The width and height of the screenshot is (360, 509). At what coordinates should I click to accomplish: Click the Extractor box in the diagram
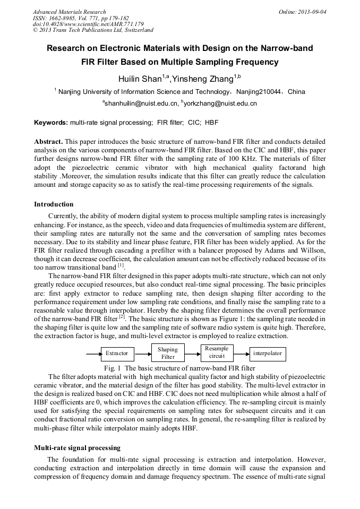click(x=117, y=353)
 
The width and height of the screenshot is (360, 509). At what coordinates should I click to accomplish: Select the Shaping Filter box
click(x=168, y=353)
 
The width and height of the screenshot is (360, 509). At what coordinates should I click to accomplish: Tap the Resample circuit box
click(x=217, y=352)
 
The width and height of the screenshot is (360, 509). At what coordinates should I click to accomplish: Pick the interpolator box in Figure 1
click(x=268, y=353)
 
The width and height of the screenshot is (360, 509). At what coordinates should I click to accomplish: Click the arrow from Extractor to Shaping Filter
click(x=143, y=353)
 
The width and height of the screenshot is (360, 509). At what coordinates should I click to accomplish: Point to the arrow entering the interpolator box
click(x=241, y=353)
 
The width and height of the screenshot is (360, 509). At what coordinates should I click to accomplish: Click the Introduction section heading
click(x=54, y=204)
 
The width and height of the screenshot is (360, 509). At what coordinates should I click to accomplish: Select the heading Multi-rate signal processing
click(x=77, y=448)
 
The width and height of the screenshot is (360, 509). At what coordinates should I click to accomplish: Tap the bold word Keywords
click(x=51, y=123)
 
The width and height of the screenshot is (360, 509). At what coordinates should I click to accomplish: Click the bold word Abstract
click(x=48, y=142)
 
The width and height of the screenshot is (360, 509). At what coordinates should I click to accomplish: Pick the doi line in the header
click(x=88, y=24)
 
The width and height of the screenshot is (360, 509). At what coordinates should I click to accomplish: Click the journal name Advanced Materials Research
click(x=69, y=12)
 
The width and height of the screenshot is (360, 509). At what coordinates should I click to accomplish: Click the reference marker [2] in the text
click(x=122, y=317)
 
